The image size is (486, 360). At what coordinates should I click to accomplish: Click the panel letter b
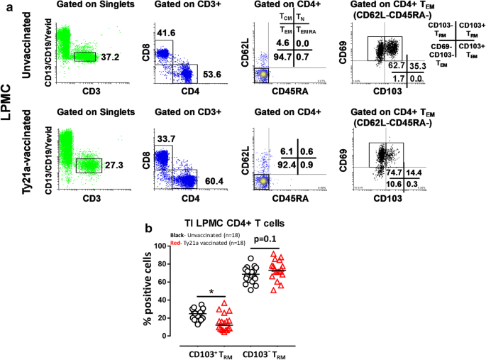(148, 228)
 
